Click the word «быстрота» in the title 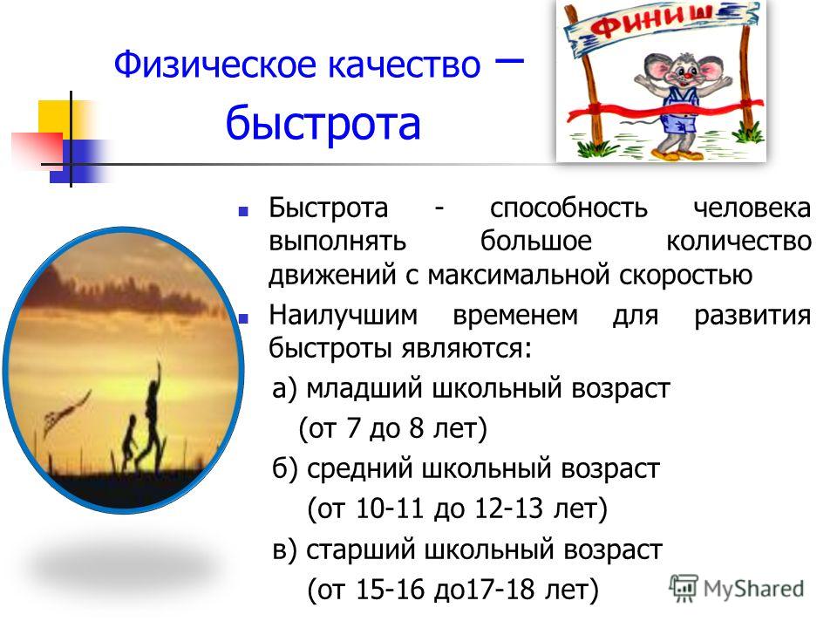pos(323,122)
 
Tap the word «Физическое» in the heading pos(216,65)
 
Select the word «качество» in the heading pos(404,65)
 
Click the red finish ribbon pos(665,109)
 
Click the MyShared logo pos(737,588)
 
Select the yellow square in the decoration pos(54,118)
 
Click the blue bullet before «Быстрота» pos(243,212)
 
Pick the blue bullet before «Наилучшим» pos(243,319)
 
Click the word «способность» pos(568,208)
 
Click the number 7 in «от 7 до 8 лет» pos(353,427)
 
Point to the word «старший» pos(360,549)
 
